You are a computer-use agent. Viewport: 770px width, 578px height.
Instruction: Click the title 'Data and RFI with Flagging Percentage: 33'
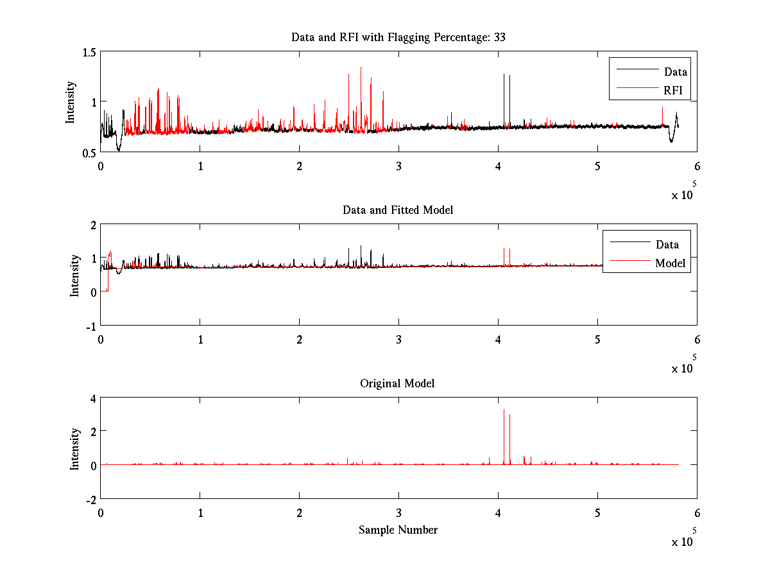[x=398, y=37]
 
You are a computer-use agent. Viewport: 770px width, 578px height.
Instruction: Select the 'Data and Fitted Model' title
[x=398, y=210]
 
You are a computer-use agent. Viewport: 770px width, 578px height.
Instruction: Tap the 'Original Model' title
[x=397, y=383]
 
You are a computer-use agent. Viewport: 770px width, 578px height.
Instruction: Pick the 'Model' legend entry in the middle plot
[x=670, y=263]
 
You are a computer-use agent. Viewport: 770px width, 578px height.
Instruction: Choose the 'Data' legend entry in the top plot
[x=675, y=72]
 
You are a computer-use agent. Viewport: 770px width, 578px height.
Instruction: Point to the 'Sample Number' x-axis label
[x=398, y=530]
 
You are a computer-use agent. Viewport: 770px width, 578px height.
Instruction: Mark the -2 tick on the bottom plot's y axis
[x=89, y=499]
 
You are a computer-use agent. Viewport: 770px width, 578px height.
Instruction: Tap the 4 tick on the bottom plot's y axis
[x=92, y=398]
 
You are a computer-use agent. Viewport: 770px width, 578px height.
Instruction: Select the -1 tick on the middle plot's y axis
[x=89, y=326]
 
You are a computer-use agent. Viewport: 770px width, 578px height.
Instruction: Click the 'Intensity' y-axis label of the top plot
[x=71, y=101]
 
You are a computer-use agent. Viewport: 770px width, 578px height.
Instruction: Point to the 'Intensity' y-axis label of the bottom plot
[x=75, y=448]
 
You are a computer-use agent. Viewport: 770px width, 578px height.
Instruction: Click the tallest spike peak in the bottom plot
[x=504, y=410]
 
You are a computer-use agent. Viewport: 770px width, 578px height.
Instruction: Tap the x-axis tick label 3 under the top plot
[x=398, y=166]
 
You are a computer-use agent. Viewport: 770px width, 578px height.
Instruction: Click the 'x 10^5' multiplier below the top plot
[x=684, y=193]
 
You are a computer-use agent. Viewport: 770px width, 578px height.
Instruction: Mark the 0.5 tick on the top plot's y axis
[x=88, y=152]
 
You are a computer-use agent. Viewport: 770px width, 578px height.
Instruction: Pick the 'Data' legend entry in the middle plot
[x=667, y=245]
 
